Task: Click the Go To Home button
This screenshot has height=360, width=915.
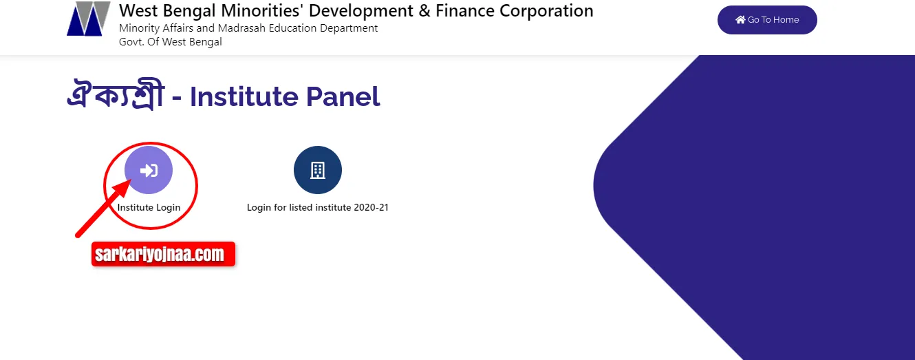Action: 767,19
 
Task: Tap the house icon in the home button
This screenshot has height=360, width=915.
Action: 740,19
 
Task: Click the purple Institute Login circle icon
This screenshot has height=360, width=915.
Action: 149,170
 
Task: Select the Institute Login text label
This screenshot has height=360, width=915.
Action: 149,207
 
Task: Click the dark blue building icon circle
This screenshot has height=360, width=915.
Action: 318,170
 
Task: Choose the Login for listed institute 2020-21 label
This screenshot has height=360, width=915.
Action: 318,207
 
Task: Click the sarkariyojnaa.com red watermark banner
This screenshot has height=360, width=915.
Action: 164,254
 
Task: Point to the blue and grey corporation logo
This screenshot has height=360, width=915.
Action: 89,19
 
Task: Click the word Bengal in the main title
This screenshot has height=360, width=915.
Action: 189,11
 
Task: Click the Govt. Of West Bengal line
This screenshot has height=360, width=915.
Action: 171,42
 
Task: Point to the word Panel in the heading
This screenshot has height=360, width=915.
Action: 343,97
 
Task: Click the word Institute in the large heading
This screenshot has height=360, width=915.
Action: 244,97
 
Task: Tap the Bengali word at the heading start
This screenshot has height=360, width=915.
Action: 116,94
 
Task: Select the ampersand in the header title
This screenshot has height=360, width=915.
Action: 424,11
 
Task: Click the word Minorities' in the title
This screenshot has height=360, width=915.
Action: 262,11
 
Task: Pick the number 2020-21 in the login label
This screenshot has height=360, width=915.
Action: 371,207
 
